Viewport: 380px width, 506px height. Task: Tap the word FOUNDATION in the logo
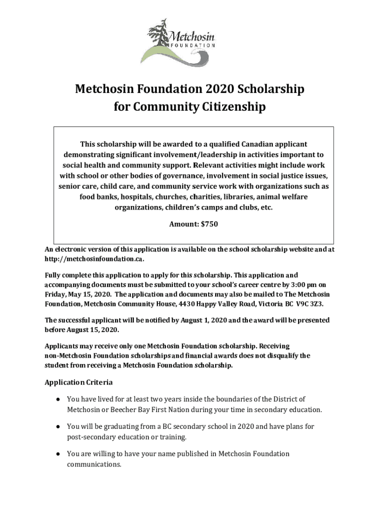(x=193, y=45)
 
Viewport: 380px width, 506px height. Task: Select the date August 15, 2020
(x=90, y=329)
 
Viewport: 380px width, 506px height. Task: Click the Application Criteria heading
(x=78, y=382)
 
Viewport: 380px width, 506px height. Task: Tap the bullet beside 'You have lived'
(x=58, y=399)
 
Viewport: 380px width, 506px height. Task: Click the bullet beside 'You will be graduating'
(x=58, y=426)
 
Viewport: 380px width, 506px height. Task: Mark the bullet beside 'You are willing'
(x=58, y=454)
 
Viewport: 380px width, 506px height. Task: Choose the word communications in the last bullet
(x=93, y=464)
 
